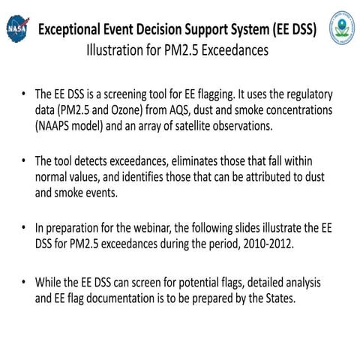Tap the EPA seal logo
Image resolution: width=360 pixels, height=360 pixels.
[x=342, y=26]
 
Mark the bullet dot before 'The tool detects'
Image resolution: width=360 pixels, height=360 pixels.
[x=25, y=161]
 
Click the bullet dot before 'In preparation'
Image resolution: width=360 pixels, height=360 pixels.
[x=25, y=226]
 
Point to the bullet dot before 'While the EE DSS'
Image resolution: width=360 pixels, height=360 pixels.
[x=25, y=283]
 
